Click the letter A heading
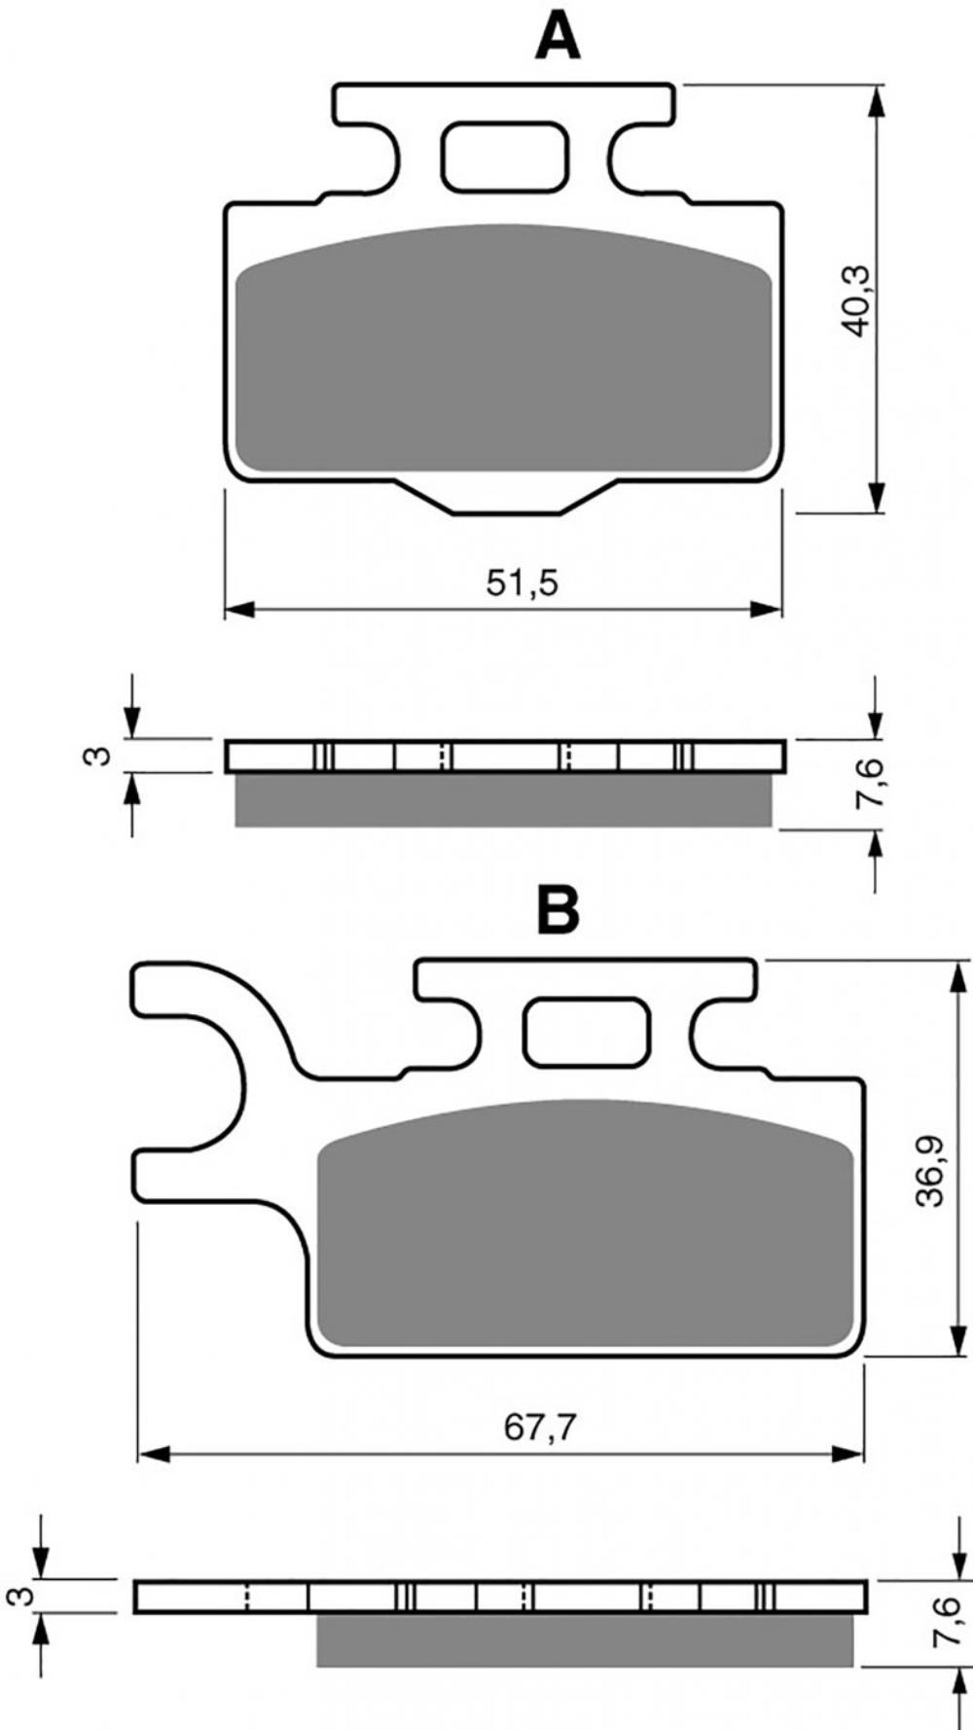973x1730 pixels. pos(558,37)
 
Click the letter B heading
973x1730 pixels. pos(559,910)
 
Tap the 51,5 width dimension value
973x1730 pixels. pos(523,583)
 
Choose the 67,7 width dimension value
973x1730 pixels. pos(541,1429)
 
